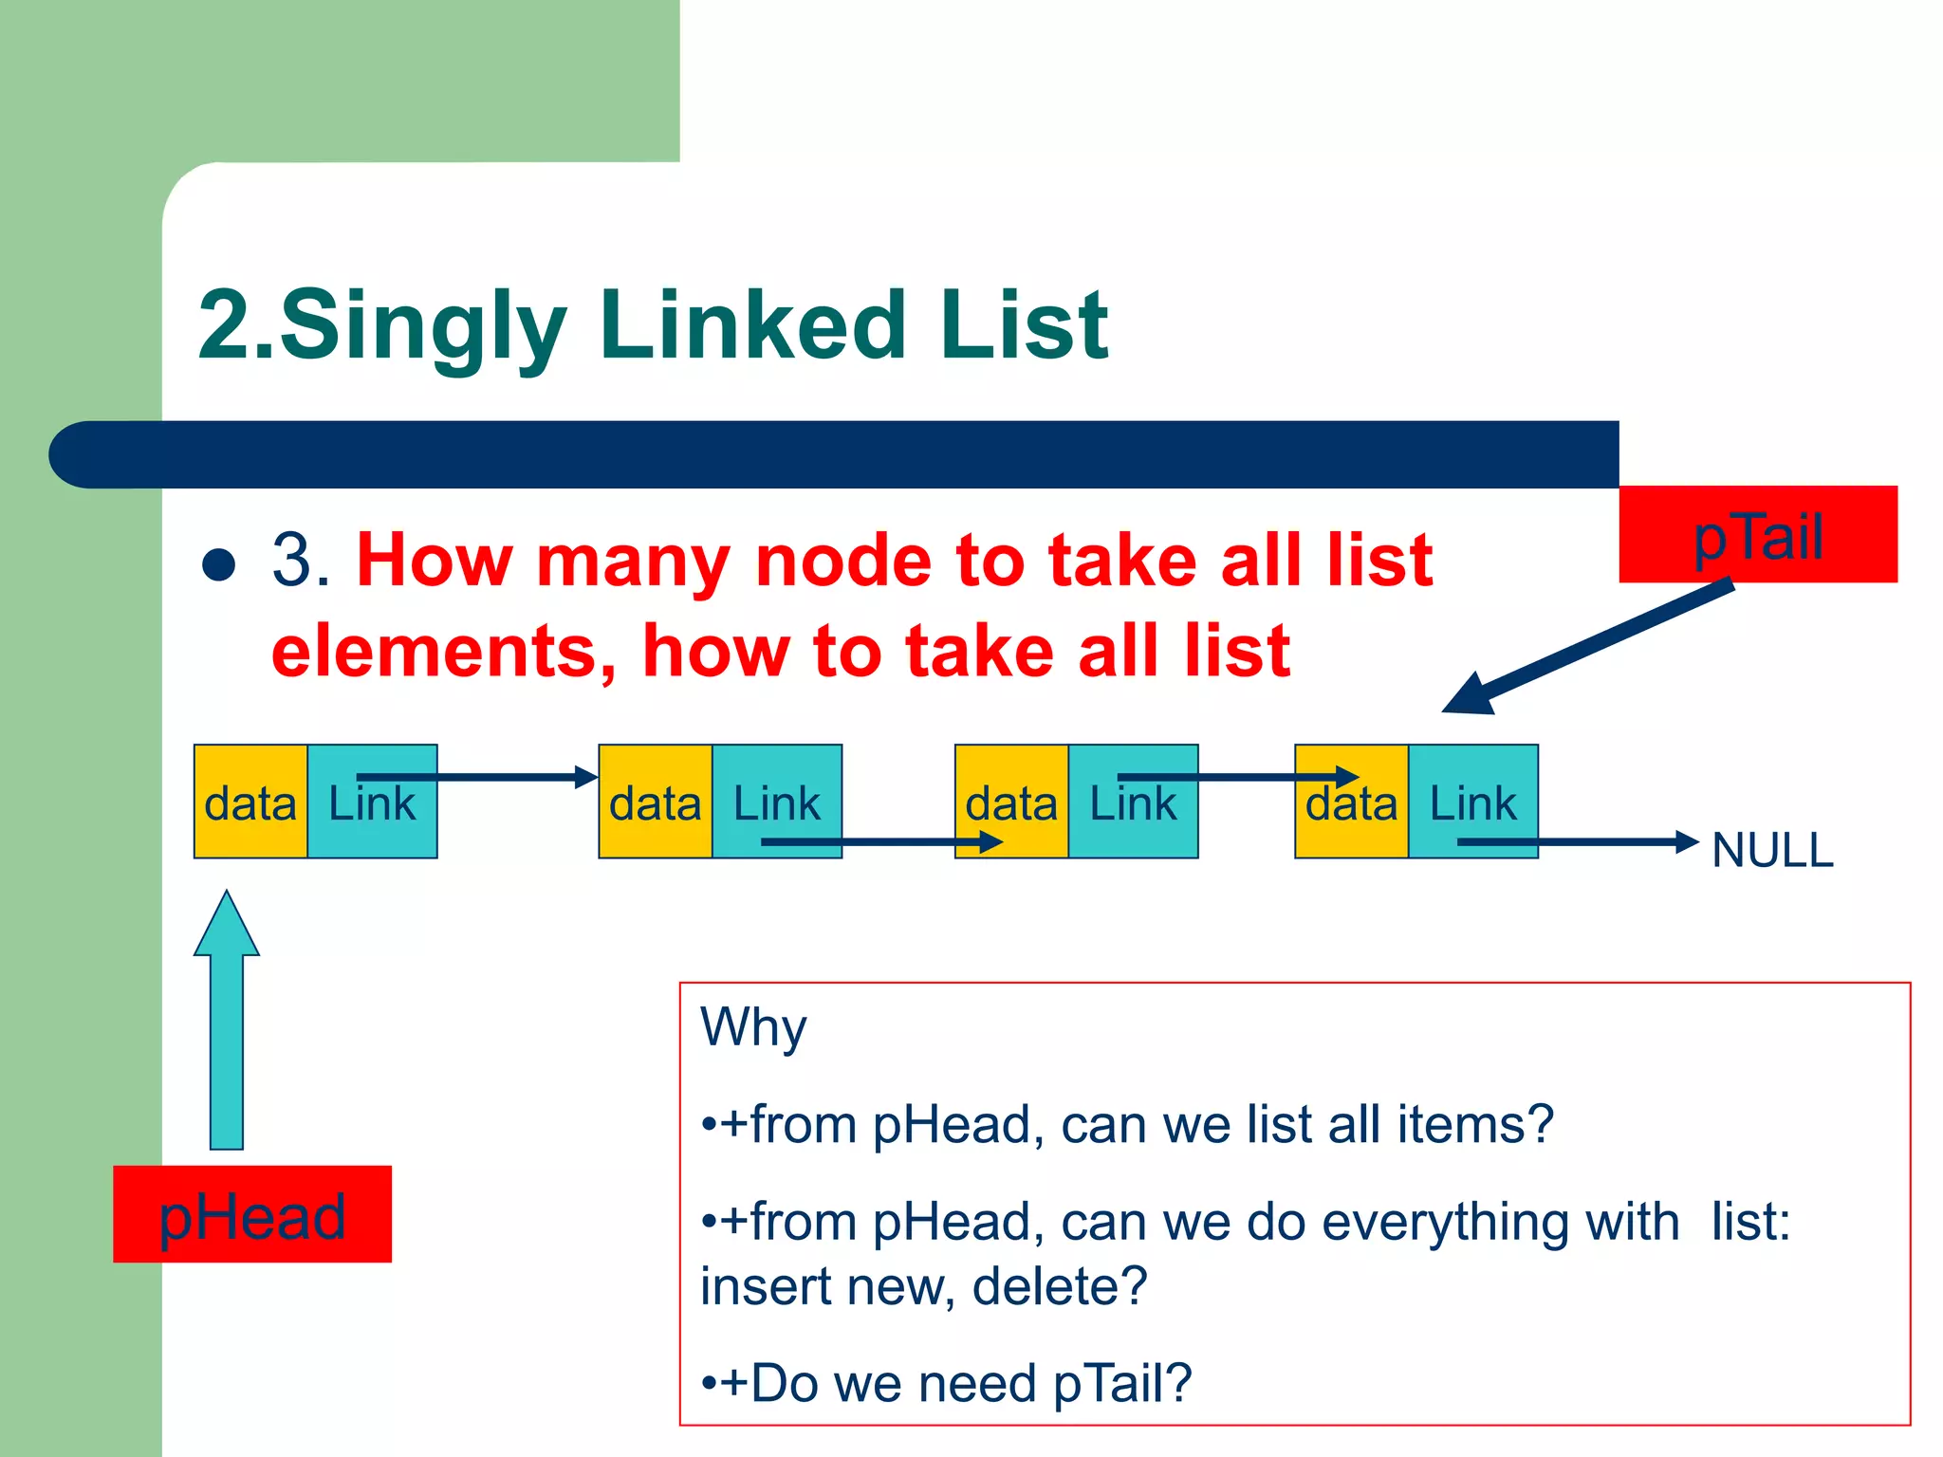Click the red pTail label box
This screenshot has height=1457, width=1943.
point(1757,534)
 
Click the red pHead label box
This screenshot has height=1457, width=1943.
point(251,1214)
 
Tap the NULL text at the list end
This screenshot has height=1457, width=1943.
point(1772,850)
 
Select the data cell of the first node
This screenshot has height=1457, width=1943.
point(250,802)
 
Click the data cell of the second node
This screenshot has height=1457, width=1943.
point(655,802)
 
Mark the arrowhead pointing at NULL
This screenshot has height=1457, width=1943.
point(1687,841)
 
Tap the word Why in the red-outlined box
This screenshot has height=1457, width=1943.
point(753,1027)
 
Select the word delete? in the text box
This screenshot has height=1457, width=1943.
point(1060,1286)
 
